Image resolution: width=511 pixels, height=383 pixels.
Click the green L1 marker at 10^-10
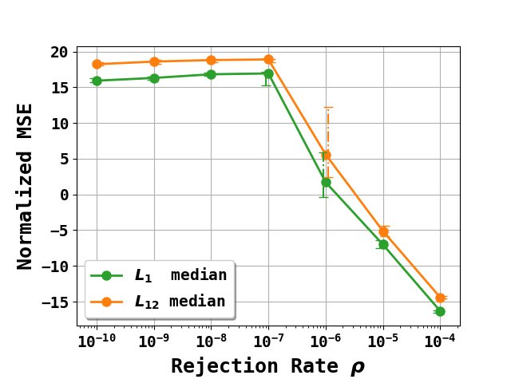[x=97, y=81]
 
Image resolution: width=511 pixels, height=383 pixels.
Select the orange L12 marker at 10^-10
[x=97, y=64]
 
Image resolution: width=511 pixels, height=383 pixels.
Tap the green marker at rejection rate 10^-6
[x=326, y=182]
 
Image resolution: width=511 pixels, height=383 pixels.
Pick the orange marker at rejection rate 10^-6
[x=326, y=155]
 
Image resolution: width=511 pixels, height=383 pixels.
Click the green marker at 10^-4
[x=440, y=311]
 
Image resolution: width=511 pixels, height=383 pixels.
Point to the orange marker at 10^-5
[x=383, y=231]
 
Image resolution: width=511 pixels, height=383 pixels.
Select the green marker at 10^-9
[x=154, y=78]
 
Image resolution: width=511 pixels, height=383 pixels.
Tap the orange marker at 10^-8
[x=211, y=60]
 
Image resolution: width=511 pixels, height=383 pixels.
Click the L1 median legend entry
[x=160, y=275]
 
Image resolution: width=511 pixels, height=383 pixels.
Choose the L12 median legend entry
[x=160, y=302]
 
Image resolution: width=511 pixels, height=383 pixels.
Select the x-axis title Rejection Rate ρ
[x=267, y=366]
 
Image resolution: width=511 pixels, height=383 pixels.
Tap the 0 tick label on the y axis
[x=63, y=195]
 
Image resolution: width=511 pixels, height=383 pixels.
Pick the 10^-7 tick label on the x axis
[x=267, y=341]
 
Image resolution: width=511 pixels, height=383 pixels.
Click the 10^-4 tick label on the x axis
[x=440, y=341]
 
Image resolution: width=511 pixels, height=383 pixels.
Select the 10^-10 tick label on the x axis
[x=96, y=341]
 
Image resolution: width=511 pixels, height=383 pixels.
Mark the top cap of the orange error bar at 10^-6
[x=327, y=107]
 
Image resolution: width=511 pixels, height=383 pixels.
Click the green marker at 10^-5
[x=383, y=244]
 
